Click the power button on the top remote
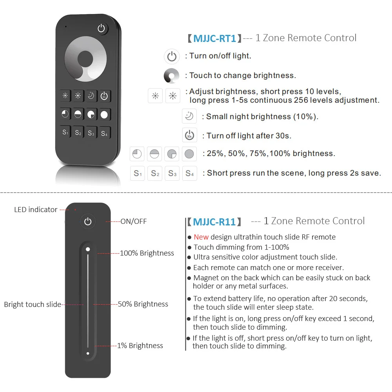pyautogui.click(x=102, y=29)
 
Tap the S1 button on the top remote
pyautogui.click(x=65, y=132)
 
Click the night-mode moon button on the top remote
pyautogui.click(x=91, y=96)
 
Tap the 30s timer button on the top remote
pyautogui.click(x=104, y=96)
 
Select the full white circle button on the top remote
pyautogui.click(x=104, y=114)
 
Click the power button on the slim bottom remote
pyautogui.click(x=88, y=222)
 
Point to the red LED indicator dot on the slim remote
pyautogui.click(x=75, y=209)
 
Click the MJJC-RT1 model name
pyautogui.click(x=214, y=38)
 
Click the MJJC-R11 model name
pyautogui.click(x=214, y=222)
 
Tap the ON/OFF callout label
pyautogui.click(x=133, y=221)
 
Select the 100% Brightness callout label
pyautogui.click(x=147, y=253)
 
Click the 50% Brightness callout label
pyautogui.click(x=143, y=304)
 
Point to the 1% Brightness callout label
pyautogui.click(x=140, y=346)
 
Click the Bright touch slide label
pyautogui.click(x=32, y=305)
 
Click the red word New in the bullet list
pyautogui.click(x=201, y=237)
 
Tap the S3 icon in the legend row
pyautogui.click(x=172, y=173)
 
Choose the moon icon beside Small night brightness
pyautogui.click(x=189, y=116)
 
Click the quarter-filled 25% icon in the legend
pyautogui.click(x=137, y=154)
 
